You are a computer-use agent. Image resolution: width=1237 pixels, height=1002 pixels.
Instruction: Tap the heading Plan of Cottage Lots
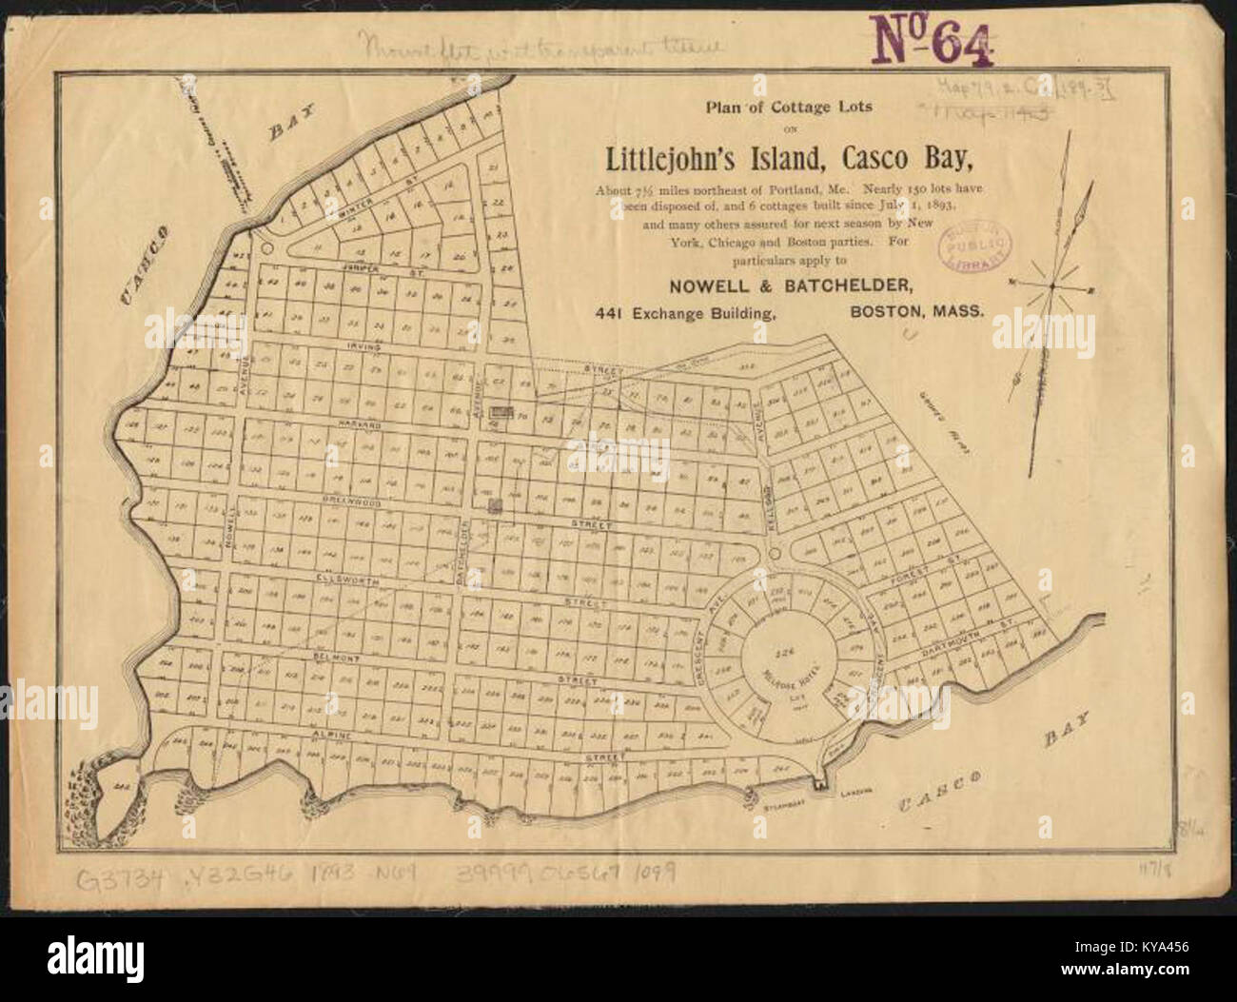pos(776,106)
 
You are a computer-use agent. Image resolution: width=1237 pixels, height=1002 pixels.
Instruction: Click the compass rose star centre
pos(1052,285)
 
